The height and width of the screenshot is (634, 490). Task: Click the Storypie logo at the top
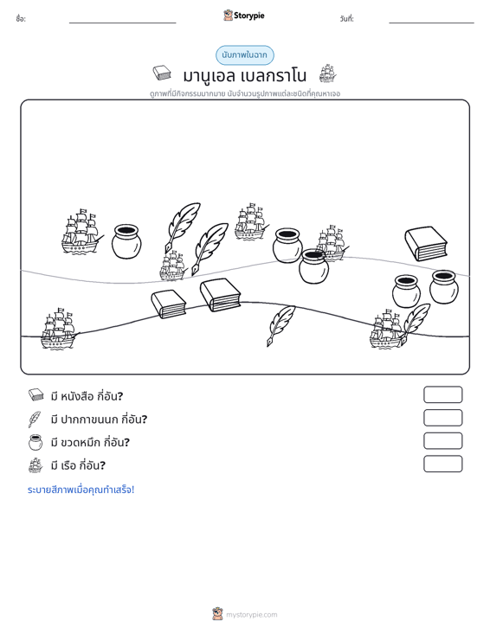pos(244,16)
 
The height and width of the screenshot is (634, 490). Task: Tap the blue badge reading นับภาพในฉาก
pos(244,55)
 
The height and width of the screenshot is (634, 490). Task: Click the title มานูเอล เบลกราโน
pos(244,75)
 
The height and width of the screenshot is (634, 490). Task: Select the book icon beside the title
pos(162,73)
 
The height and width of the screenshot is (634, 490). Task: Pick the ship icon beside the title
pos(327,74)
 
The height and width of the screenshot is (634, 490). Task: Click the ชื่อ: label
pos(21,19)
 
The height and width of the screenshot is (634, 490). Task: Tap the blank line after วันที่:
pos(431,22)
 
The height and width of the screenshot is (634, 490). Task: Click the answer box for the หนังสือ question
pos(442,394)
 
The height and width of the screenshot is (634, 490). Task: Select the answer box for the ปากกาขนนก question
pos(442,418)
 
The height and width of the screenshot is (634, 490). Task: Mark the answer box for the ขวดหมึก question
pos(442,441)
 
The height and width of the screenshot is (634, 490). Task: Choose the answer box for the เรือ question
pos(442,464)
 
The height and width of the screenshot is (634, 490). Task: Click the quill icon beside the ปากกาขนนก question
pos(35,419)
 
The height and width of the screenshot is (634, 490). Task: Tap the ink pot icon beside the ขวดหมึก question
pos(35,442)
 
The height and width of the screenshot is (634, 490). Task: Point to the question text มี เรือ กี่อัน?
pos(78,465)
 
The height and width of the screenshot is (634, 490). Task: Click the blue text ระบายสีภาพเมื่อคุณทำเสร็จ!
pos(81,490)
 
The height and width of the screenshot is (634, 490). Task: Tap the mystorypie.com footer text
pos(251,615)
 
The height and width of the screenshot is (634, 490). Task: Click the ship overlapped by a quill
pos(386,330)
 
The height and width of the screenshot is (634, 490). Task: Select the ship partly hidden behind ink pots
pos(332,242)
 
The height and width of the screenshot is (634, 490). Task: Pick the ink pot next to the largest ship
pos(126,241)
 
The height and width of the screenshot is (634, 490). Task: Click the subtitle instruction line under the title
pos(245,93)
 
